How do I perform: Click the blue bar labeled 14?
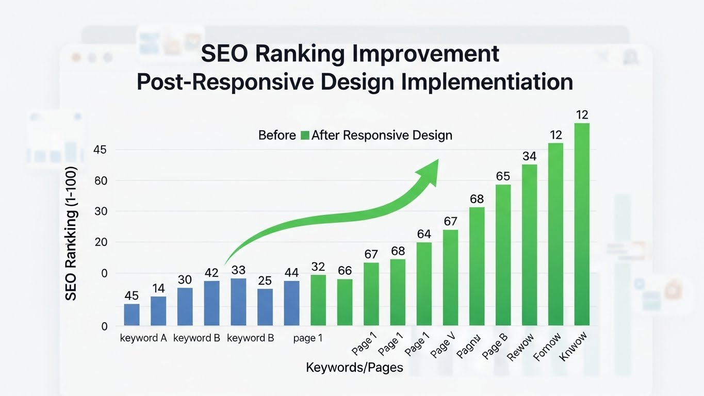coord(158,310)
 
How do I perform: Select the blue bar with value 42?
coord(211,303)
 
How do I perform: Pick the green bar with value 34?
coord(529,244)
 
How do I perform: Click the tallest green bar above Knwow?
coord(582,224)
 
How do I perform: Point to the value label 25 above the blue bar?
coord(265,280)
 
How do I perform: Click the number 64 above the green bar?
coord(424,234)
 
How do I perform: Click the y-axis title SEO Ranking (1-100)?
coord(71,234)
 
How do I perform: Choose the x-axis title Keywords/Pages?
coord(354,368)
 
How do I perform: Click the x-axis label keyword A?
coord(143,339)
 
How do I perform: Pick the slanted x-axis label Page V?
coord(443,345)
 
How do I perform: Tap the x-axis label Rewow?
coord(521,346)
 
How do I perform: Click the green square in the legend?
coord(304,136)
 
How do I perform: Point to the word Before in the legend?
coord(277,136)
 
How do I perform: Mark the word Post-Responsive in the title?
coord(230,82)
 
